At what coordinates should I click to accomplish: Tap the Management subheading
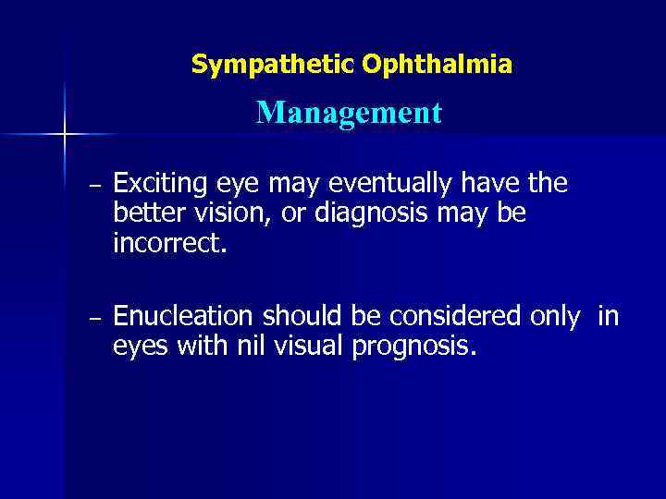click(349, 114)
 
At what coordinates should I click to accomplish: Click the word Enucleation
click(183, 317)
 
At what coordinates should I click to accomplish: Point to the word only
click(555, 317)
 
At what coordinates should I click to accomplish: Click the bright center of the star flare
click(65, 134)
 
